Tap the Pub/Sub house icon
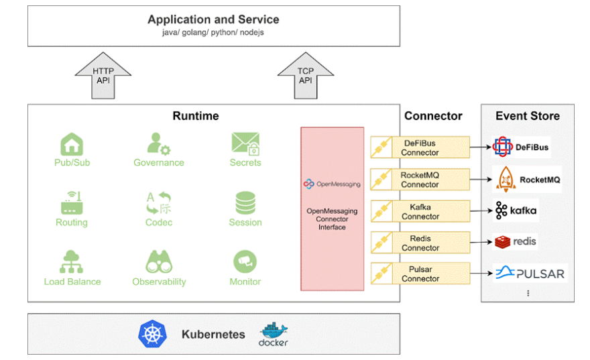tap(72, 143)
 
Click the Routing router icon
tap(72, 203)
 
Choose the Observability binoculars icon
tap(159, 262)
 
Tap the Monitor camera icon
tap(245, 261)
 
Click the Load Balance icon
tap(72, 262)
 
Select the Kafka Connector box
tap(420, 212)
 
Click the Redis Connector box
tap(420, 243)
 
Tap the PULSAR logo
tap(530, 273)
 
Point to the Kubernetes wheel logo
tap(152, 334)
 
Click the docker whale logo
tap(274, 334)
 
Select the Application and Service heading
tap(213, 19)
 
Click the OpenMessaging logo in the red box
tap(332, 184)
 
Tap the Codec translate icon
tap(158, 203)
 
